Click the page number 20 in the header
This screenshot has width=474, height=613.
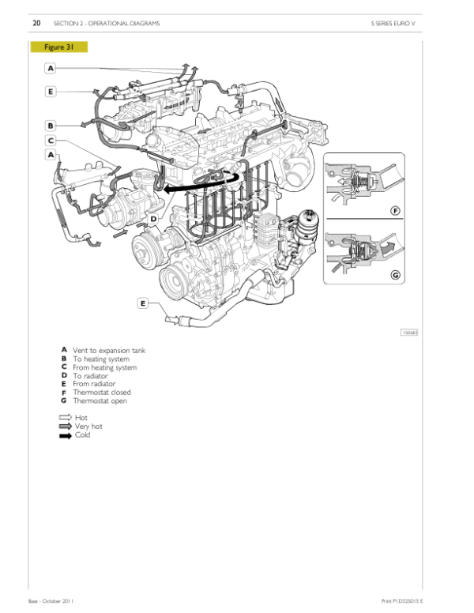36,24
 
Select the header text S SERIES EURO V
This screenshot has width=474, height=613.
393,24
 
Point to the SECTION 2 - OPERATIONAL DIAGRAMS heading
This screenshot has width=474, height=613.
107,24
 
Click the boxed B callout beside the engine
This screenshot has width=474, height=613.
51,125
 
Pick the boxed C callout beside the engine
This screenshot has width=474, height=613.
51,141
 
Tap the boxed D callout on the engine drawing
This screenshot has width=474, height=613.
153,218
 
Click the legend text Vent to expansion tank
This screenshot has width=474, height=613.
109,350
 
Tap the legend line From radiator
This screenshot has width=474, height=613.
96,384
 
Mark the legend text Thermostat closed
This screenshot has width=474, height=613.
102,393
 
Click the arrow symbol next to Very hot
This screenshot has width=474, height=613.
65,427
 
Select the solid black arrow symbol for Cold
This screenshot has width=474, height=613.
65,435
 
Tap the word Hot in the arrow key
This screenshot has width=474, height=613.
81,418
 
